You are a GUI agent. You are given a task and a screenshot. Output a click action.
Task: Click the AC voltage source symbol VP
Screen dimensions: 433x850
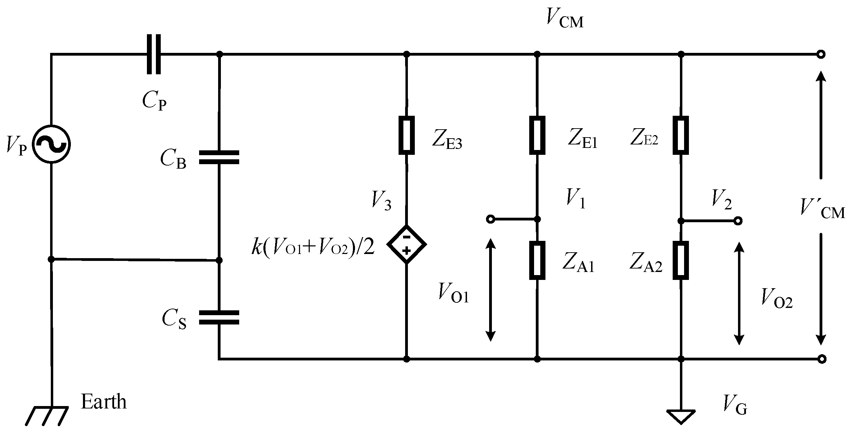pyautogui.click(x=51, y=144)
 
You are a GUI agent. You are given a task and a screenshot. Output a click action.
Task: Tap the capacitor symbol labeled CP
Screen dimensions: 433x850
pyautogui.click(x=153, y=54)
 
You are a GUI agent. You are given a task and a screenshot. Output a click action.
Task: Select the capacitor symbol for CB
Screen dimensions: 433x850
pyautogui.click(x=219, y=157)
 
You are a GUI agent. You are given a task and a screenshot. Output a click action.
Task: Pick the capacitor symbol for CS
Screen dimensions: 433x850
pyautogui.click(x=219, y=317)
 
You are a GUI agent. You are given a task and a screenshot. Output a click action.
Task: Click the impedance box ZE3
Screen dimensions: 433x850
pyautogui.click(x=407, y=135)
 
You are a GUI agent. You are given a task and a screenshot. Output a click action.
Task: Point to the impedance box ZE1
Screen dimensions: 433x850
pyautogui.click(x=537, y=135)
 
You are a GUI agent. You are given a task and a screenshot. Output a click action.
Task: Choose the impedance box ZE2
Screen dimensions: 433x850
pyautogui.click(x=681, y=135)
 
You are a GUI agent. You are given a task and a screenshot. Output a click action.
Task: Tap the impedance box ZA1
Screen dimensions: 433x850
pyautogui.click(x=537, y=260)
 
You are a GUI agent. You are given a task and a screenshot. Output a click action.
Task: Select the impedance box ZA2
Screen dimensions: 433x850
pyautogui.click(x=681, y=260)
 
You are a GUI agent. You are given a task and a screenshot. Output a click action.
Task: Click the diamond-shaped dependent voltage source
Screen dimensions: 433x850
pyautogui.click(x=407, y=244)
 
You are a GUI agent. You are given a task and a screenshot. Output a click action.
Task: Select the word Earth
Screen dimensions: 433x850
pyautogui.click(x=103, y=402)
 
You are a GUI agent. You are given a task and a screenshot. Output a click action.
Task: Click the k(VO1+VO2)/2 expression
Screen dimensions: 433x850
pyautogui.click(x=313, y=248)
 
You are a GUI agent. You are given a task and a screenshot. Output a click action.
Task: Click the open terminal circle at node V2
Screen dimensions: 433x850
pyautogui.click(x=738, y=221)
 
